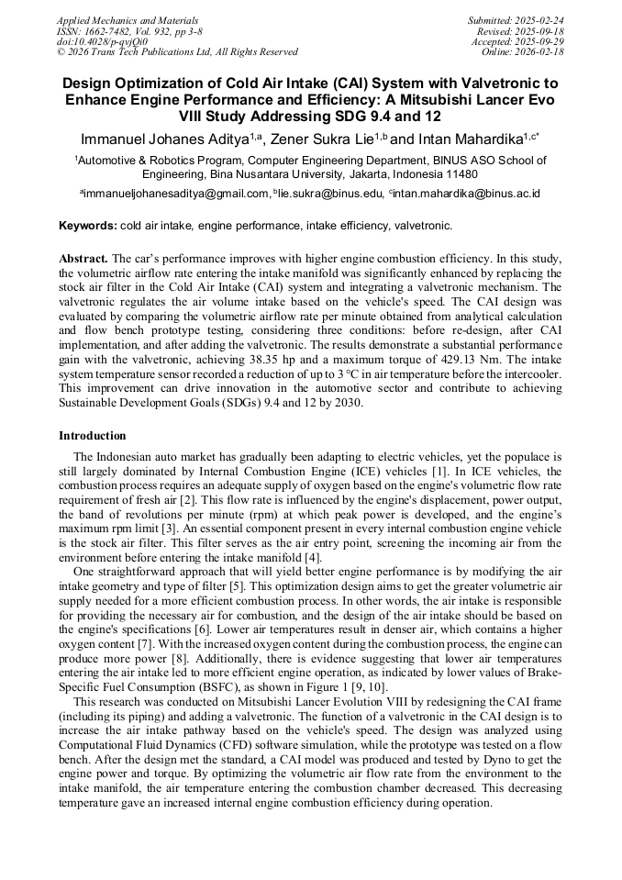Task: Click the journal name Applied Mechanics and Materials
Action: [x=127, y=20]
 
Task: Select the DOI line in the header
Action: [x=101, y=41]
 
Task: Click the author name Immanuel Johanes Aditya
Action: [x=164, y=139]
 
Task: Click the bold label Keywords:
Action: [x=87, y=225]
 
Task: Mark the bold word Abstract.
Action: [x=84, y=260]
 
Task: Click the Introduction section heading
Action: [x=93, y=435]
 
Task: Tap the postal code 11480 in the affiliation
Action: [x=458, y=173]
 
